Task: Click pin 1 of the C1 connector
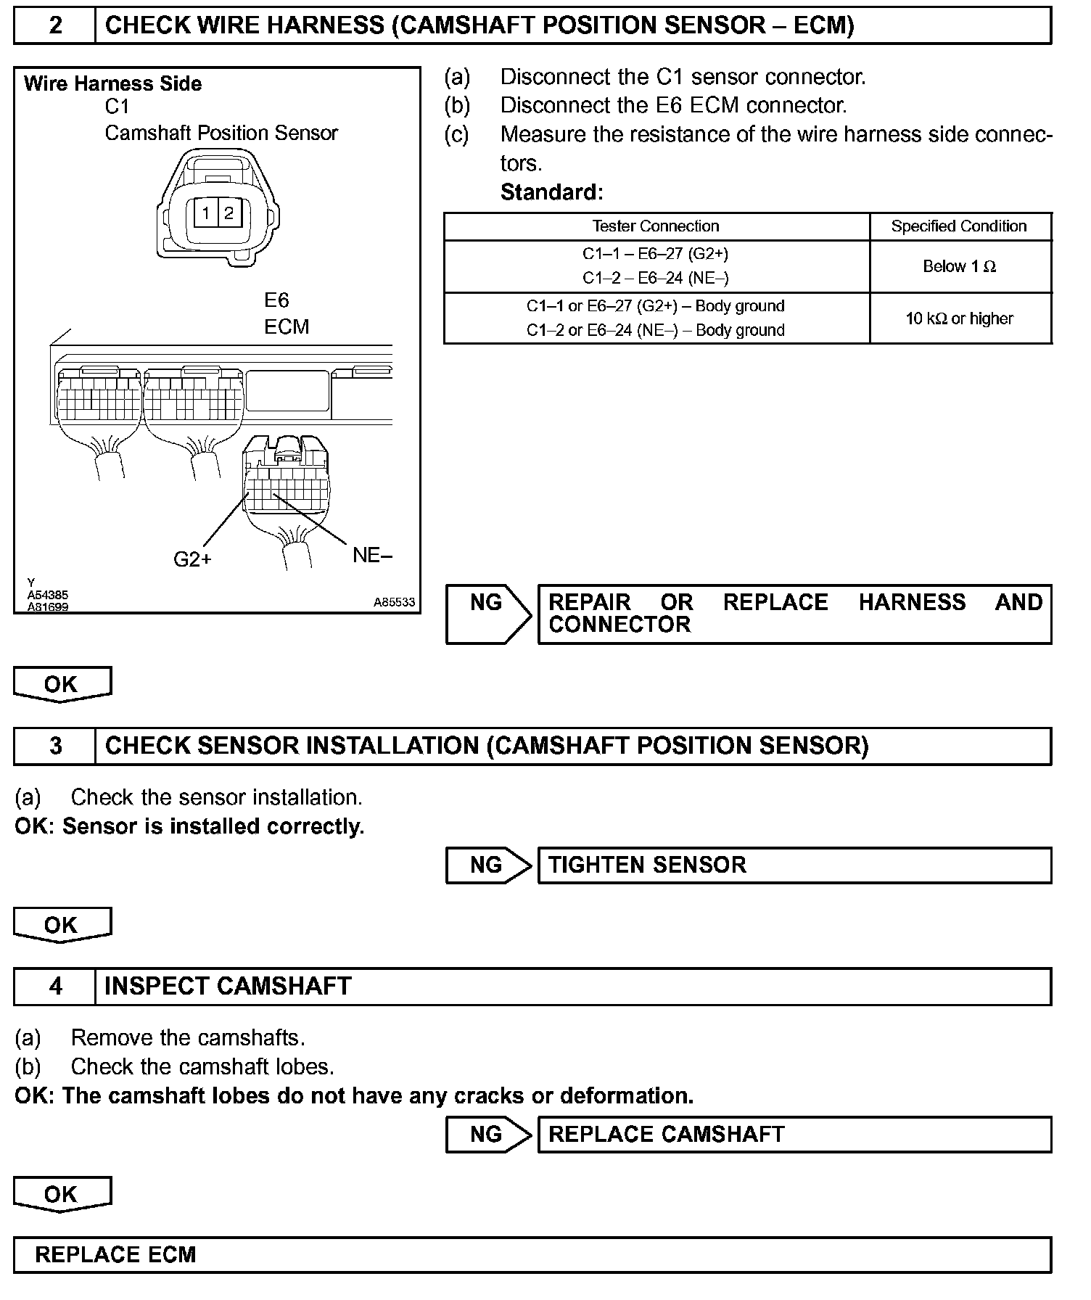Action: [x=206, y=213]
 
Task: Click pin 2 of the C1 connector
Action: [x=229, y=213]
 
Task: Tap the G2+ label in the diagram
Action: [x=192, y=559]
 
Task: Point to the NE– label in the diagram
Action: [x=372, y=556]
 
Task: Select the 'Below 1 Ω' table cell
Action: [x=959, y=267]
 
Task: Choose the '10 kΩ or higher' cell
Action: [x=959, y=318]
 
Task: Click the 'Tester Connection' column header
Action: [x=656, y=226]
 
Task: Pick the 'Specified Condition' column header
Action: [x=959, y=226]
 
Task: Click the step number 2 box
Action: [x=55, y=26]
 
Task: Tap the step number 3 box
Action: [x=55, y=746]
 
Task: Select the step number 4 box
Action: [x=55, y=987]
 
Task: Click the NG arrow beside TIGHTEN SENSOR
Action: [x=488, y=865]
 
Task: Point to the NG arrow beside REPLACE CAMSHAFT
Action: [x=488, y=1135]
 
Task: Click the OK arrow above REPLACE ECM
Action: [x=62, y=1195]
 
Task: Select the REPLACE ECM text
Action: [x=115, y=1255]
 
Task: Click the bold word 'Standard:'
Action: [x=551, y=192]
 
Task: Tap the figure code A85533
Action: [x=394, y=602]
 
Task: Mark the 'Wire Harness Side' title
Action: [x=112, y=84]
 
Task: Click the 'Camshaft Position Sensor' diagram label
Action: [x=221, y=133]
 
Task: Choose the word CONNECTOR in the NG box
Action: [x=619, y=625]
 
